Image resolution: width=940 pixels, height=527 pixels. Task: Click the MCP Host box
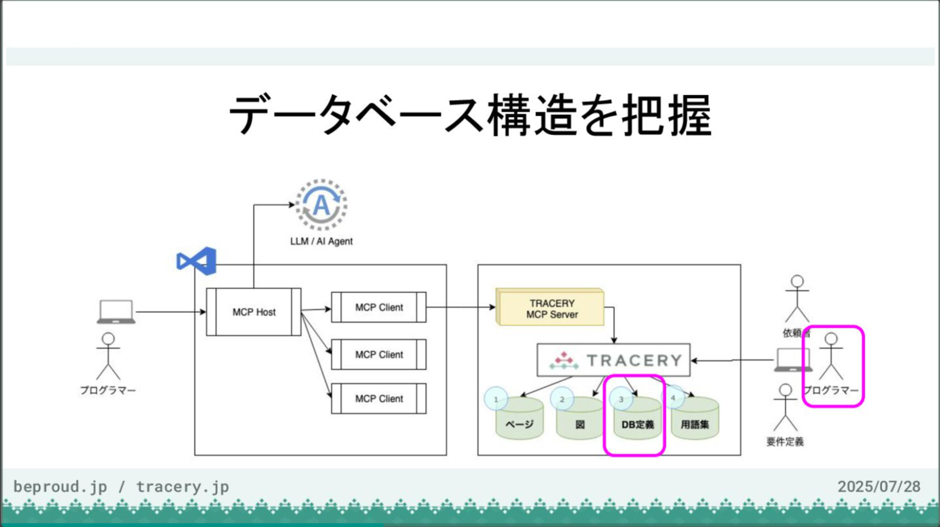(x=254, y=312)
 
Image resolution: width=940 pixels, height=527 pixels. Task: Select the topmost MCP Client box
(x=379, y=307)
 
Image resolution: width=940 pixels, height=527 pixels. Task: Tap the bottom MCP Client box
(x=379, y=399)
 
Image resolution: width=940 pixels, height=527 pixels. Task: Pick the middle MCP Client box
(x=379, y=354)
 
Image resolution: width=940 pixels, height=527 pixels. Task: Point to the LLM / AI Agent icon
(x=321, y=205)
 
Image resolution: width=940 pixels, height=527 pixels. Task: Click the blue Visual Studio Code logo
(x=197, y=261)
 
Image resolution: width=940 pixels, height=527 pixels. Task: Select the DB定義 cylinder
(x=637, y=421)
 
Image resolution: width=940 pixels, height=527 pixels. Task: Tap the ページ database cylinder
(x=519, y=421)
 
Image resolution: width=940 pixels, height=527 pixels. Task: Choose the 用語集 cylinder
(x=695, y=421)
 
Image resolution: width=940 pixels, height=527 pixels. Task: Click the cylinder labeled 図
(x=580, y=421)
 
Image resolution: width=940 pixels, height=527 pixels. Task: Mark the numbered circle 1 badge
(x=496, y=399)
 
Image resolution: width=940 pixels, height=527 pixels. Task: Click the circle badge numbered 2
(x=562, y=399)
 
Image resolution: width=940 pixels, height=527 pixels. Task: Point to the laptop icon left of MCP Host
(x=116, y=311)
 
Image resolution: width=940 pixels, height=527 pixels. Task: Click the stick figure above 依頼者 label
(x=797, y=299)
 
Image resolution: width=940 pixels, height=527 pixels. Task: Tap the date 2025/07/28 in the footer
(x=879, y=486)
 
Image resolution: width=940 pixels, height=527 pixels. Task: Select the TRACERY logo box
(x=613, y=360)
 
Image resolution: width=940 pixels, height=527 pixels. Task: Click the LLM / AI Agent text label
(x=321, y=241)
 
